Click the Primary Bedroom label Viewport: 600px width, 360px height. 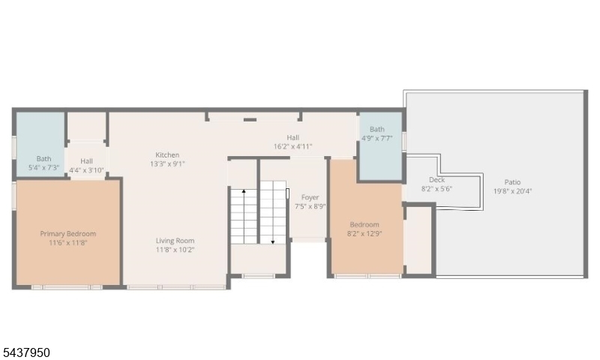tap(68, 234)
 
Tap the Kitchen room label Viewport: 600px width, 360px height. tap(167, 155)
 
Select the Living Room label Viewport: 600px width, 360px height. tap(175, 241)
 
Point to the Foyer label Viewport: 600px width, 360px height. tap(310, 197)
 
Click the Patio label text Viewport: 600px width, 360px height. tap(512, 182)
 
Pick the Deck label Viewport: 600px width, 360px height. tap(436, 180)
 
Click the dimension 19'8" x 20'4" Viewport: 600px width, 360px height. tap(512, 191)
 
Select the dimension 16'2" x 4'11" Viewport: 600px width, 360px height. tap(292, 146)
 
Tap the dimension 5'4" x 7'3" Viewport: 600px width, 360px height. tap(43, 167)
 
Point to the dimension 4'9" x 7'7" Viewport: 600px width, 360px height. tap(377, 138)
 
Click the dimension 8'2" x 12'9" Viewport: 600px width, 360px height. tap(364, 234)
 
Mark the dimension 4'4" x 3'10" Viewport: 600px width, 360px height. tap(86, 170)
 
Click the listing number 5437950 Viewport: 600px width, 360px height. tap(25, 352)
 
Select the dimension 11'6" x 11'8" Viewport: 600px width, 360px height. tap(68, 243)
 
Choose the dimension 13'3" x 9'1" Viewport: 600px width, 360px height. tap(167, 164)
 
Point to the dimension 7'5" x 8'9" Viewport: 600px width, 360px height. tap(310, 206)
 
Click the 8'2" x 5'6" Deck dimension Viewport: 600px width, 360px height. tap(436, 188)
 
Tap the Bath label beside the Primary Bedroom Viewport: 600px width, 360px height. tap(43, 158)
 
